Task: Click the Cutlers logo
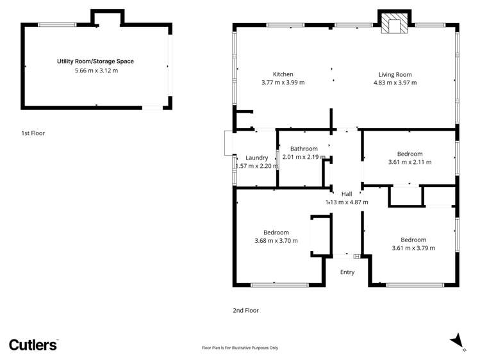tap(33, 345)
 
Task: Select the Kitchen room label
tap(283, 74)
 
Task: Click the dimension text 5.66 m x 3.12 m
tap(96, 70)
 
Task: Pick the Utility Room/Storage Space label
tap(95, 61)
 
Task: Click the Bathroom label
tap(304, 149)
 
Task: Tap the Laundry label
tap(256, 158)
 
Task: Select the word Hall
tap(347, 193)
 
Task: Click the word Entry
tap(347, 272)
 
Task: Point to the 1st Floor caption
tap(33, 133)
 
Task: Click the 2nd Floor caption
tap(245, 310)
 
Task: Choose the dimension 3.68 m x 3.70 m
tap(276, 241)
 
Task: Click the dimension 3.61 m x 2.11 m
tap(410, 162)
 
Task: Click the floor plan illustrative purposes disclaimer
tap(240, 348)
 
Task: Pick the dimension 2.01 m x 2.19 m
tap(304, 157)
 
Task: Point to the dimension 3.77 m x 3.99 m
tap(283, 83)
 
